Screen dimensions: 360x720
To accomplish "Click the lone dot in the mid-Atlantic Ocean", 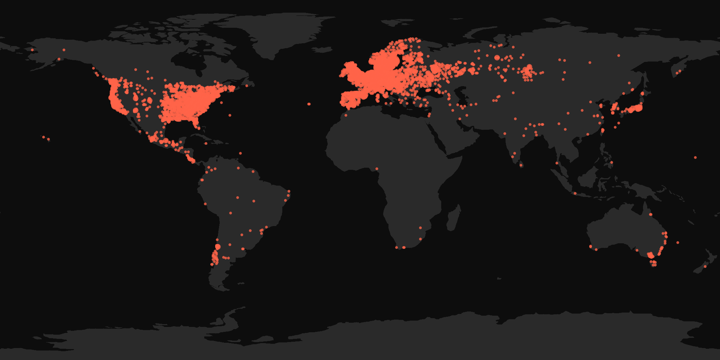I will click(309, 104).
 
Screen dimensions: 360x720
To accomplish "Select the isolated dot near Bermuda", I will click(230, 115).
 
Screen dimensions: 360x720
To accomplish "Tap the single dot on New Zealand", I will click(705, 266).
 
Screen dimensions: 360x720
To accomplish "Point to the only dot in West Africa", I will click(377, 169).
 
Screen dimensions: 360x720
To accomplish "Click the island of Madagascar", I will click(454, 218).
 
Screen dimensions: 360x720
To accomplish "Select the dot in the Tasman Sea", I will click(678, 243).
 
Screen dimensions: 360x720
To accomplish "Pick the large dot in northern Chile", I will click(218, 246).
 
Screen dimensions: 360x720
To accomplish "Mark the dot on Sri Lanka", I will click(521, 165).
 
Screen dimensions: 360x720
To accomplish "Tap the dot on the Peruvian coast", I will click(205, 204).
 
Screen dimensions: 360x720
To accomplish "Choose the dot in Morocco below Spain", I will click(346, 115).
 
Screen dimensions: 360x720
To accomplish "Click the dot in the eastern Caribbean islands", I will click(240, 153).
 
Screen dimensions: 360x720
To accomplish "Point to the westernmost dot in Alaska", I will click(32, 50).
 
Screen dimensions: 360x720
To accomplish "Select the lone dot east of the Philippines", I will click(695, 157).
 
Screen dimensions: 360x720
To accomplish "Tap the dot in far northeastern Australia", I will click(651, 214).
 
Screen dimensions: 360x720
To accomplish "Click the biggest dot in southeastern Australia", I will click(650, 255).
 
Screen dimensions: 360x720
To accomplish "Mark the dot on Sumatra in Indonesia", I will click(575, 193).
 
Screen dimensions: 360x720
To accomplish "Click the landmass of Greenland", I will click(281, 32).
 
